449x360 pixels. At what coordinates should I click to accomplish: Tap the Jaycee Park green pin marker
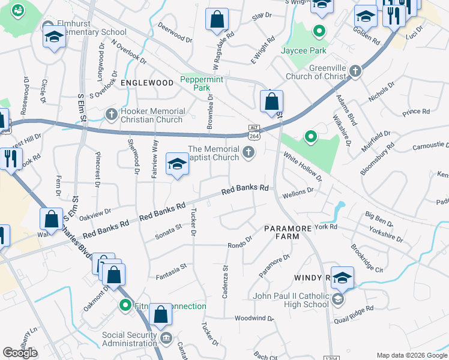click(319, 31)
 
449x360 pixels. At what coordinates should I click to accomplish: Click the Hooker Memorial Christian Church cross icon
click(111, 114)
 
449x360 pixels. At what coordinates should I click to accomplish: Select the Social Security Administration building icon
click(166, 339)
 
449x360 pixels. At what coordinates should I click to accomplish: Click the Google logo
click(20, 352)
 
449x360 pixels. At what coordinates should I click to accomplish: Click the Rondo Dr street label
click(239, 245)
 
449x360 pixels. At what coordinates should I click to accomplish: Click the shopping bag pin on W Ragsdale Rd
click(217, 20)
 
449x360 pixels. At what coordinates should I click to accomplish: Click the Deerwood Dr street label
click(175, 34)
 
